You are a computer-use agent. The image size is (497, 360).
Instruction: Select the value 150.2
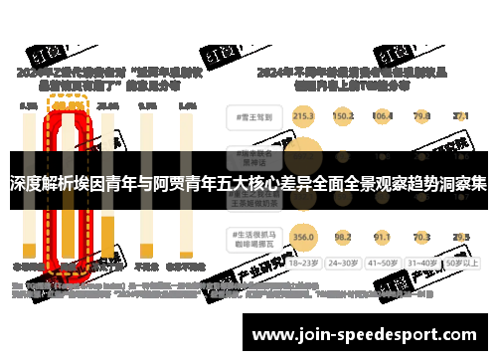[344, 116]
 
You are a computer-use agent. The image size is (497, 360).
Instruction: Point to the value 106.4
[382, 116]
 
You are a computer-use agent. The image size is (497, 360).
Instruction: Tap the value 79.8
[421, 116]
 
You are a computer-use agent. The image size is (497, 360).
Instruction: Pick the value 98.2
[344, 237]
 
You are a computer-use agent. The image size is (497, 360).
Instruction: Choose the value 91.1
[382, 237]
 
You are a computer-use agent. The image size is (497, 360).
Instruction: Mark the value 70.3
[421, 237]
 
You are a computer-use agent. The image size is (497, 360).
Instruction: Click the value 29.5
[460, 237]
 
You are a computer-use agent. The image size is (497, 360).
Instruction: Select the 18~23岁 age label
[304, 265]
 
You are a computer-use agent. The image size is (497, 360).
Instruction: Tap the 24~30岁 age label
[344, 265]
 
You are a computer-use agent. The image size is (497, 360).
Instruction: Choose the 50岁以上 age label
[460, 265]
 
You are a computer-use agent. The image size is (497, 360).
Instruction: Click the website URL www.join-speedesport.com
[368, 334]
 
